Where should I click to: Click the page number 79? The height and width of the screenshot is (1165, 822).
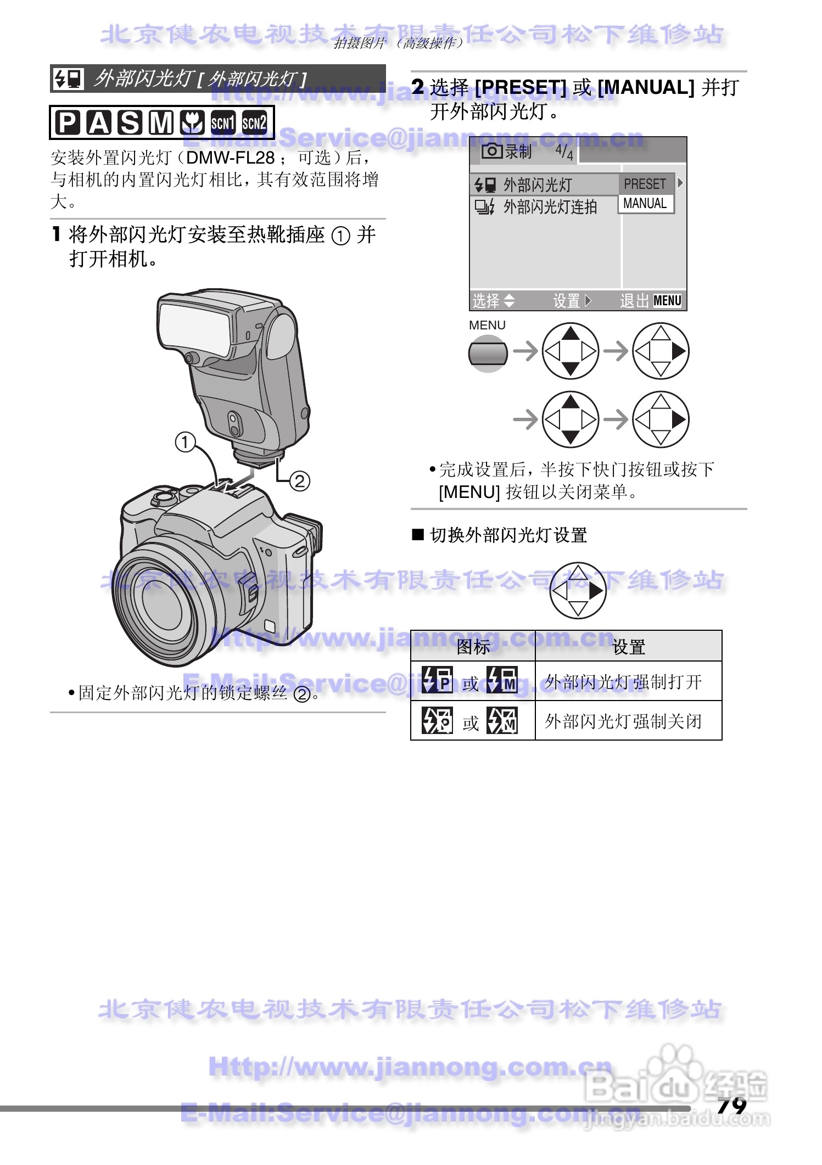pos(731,1105)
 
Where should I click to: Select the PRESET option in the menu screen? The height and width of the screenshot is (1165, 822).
pos(645,184)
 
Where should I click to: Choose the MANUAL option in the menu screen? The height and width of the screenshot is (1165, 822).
pos(645,204)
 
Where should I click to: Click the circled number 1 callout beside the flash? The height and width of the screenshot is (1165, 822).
pos(186,441)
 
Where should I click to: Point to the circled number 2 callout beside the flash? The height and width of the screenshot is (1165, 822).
pos(299,481)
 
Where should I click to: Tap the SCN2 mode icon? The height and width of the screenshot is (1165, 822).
pos(254,122)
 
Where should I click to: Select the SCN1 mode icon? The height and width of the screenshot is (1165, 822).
pos(223,122)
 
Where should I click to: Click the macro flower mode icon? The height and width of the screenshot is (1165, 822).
pos(192,122)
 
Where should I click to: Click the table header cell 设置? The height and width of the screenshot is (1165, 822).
pos(628,647)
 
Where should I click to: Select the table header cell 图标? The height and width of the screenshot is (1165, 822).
pos(473,647)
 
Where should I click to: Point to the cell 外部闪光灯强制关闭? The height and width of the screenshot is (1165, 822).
pos(623,721)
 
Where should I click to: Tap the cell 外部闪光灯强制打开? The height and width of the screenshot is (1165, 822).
pos(623,682)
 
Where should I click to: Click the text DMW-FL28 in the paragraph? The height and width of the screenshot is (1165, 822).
pos(230,158)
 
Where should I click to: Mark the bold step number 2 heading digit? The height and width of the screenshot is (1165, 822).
pos(418,87)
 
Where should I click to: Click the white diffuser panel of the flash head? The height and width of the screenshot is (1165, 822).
pos(193,326)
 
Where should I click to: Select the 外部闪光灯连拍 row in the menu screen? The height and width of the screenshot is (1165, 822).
pos(549,207)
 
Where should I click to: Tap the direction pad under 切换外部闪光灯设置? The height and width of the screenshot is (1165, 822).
pos(578,591)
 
